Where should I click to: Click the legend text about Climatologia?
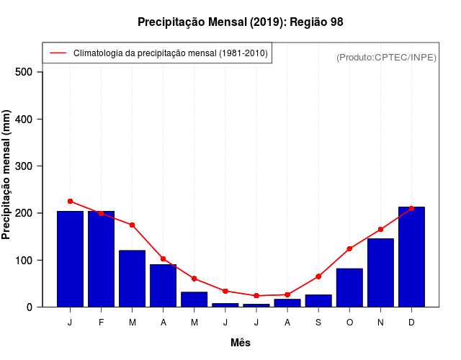[x=170, y=53]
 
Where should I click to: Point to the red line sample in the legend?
[x=58, y=53]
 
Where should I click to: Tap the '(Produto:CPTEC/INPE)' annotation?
[x=386, y=57]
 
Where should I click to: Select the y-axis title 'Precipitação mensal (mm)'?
[x=6, y=175]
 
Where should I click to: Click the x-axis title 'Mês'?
[x=241, y=343]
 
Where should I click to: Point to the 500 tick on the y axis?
[x=24, y=72]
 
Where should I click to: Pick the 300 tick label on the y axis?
[x=24, y=166]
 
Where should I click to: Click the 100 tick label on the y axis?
[x=24, y=260]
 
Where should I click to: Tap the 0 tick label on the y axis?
[x=30, y=307]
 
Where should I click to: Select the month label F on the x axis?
[x=102, y=323]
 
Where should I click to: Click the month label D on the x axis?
[x=411, y=323]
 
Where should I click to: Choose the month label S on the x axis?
[x=318, y=323]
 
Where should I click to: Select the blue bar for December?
[x=411, y=257]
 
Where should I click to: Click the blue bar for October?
[x=349, y=288]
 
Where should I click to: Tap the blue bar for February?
[x=102, y=259]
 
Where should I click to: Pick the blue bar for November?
[x=380, y=273]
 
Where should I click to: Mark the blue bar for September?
[x=318, y=301]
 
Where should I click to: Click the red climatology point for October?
[x=349, y=248]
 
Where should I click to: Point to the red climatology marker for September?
[x=318, y=276]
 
